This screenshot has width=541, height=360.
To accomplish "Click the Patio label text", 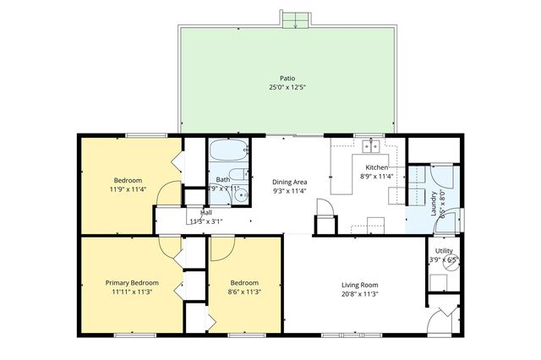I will (x=287, y=78).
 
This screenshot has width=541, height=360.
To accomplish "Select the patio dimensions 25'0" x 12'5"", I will (x=287, y=87).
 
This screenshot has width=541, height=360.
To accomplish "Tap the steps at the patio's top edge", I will (x=295, y=19).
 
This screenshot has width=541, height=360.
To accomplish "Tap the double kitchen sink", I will (x=369, y=146).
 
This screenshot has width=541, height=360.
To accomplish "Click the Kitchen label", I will (x=376, y=167).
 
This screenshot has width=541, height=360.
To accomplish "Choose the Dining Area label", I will (x=289, y=182).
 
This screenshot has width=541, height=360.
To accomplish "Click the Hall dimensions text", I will (x=205, y=221).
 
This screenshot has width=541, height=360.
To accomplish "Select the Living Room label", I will (x=359, y=284).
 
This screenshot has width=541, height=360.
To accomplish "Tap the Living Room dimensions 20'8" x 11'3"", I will (x=359, y=294).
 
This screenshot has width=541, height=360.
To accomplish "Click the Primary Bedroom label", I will (x=132, y=282).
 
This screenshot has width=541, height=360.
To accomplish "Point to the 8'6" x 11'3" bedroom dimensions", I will (x=244, y=293).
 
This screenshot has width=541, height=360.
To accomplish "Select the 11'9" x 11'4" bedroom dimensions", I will (x=128, y=189).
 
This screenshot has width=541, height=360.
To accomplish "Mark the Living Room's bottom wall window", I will (x=344, y=335).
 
